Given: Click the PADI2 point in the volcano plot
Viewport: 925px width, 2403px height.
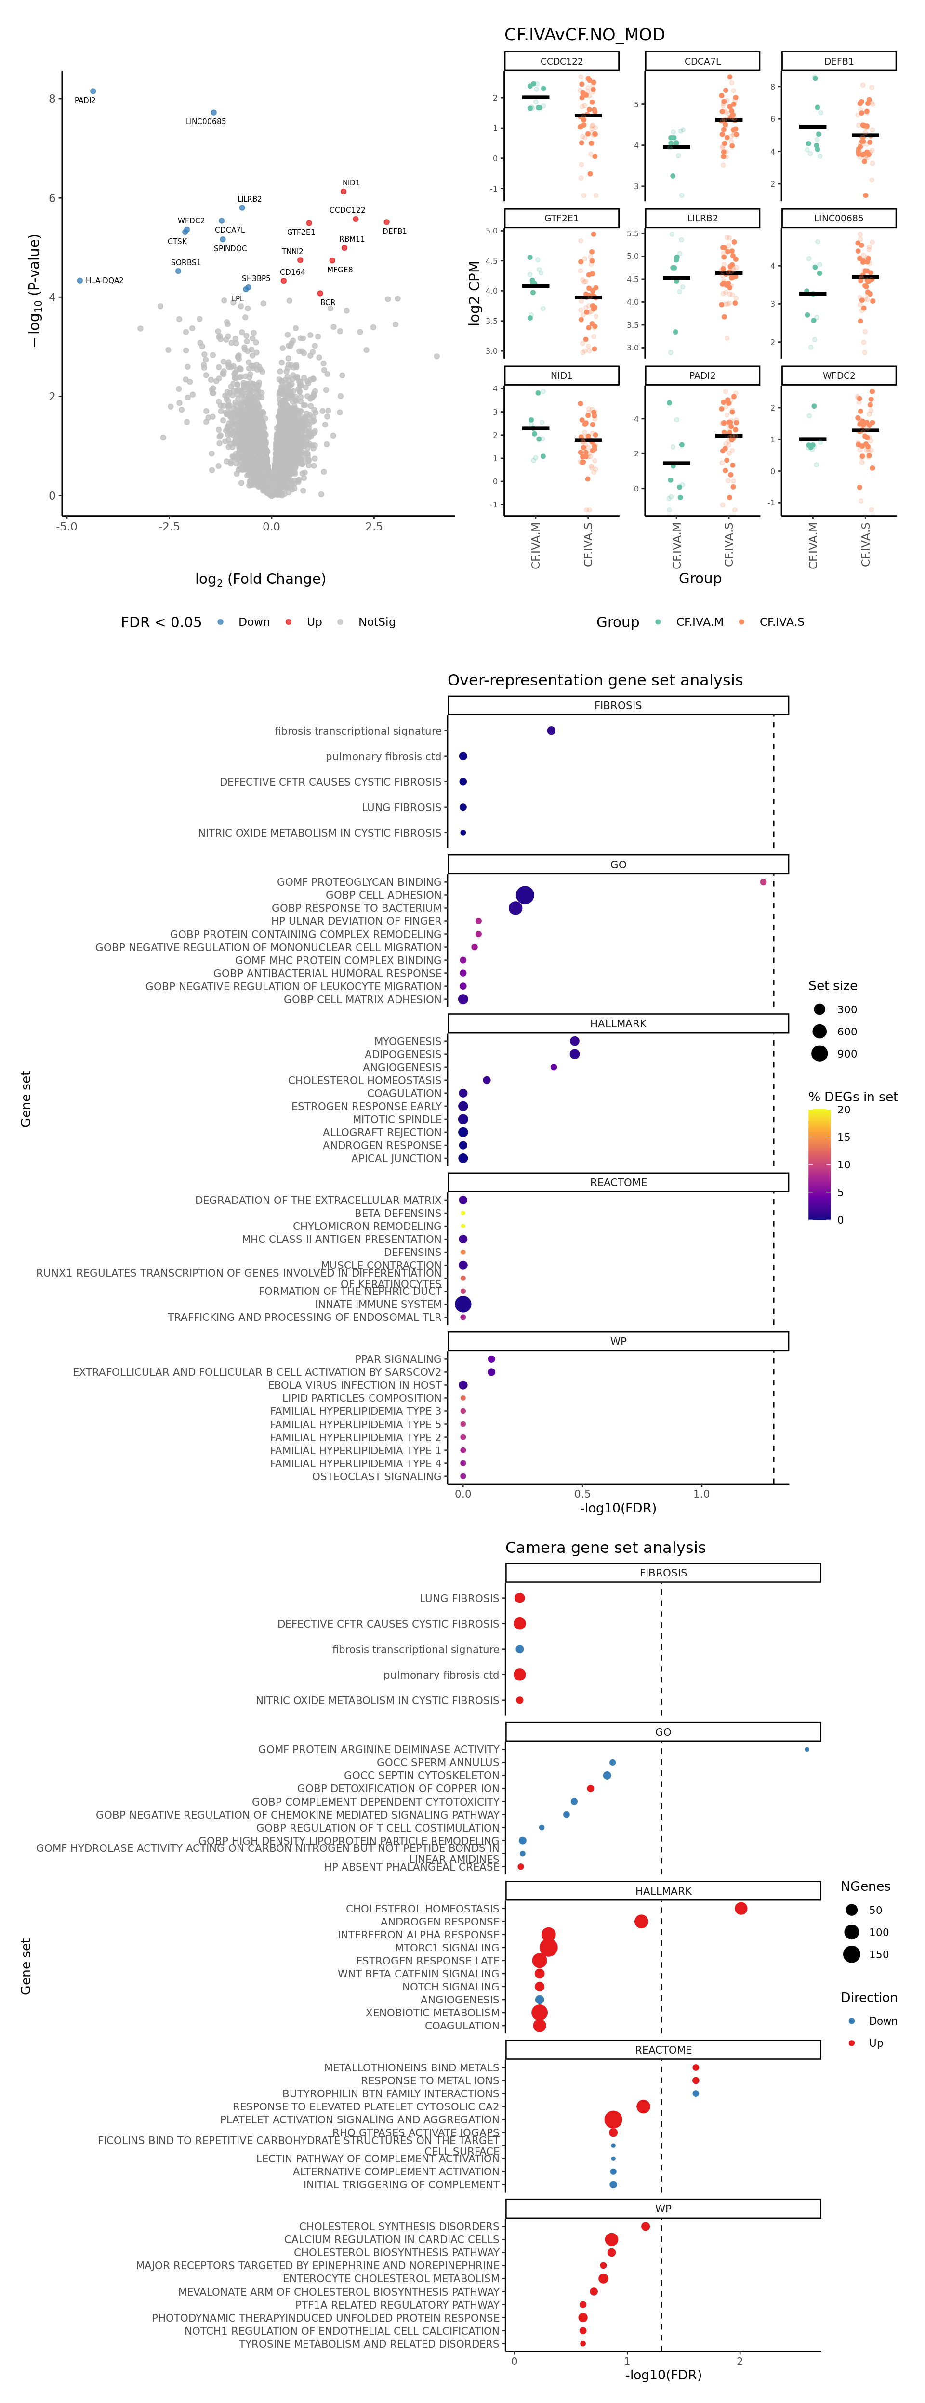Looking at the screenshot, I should coord(92,91).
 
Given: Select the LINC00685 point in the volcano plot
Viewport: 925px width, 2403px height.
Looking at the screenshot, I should coord(214,113).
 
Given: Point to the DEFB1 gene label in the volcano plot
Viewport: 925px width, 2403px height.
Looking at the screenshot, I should coord(394,232).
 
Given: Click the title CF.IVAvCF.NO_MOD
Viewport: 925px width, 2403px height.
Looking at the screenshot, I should coord(584,35).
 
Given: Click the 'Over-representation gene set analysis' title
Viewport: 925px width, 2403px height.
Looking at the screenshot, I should coord(595,680).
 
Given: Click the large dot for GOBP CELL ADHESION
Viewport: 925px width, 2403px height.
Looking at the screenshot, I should coord(525,894).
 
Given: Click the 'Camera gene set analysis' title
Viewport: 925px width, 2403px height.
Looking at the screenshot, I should coord(605,1548).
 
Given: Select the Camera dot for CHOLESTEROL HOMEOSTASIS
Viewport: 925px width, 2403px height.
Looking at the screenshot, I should coord(740,1909).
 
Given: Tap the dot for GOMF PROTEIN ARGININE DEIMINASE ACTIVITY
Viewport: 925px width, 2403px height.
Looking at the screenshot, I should coord(806,1749).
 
